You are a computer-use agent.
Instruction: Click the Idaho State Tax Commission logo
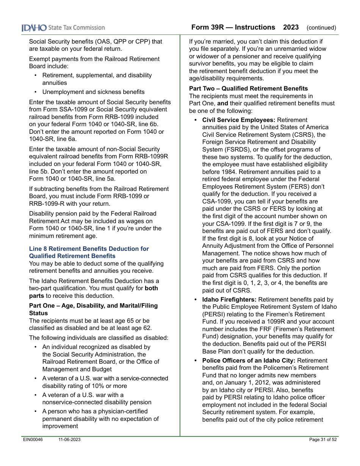[x=63, y=28]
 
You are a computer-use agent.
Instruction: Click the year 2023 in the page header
[x=291, y=27]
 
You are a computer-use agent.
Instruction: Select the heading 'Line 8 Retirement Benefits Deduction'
[x=89, y=249]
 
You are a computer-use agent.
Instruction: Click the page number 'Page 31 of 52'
[x=323, y=439]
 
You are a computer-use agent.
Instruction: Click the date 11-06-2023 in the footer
[x=69, y=439]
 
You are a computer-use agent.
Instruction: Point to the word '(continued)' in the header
[x=321, y=28]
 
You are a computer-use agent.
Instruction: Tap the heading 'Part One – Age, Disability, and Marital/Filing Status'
[x=93, y=310]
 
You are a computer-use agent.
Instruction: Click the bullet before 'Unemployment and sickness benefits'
[x=36, y=92]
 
